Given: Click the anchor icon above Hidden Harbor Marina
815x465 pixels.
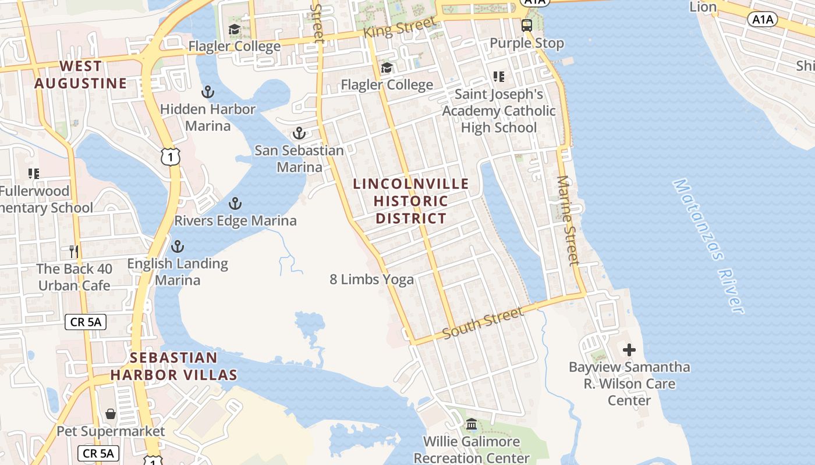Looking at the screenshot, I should [207, 92].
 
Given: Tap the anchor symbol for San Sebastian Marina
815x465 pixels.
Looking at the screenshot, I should [299, 134].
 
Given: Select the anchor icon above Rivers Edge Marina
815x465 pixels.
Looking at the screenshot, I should [235, 203].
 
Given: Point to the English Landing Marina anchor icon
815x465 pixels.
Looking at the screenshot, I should [177, 246].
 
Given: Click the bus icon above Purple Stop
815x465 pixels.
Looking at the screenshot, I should [526, 26].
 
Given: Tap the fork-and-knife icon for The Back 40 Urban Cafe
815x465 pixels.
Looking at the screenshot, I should [74, 251].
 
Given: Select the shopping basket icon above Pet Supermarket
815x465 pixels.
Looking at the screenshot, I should [111, 414].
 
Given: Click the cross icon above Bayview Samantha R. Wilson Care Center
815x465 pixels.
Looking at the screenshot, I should [629, 350].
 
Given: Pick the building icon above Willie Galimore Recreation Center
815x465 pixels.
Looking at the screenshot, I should [472, 424].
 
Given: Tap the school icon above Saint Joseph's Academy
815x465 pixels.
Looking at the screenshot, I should [498, 76].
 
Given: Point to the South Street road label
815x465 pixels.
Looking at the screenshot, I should [483, 323].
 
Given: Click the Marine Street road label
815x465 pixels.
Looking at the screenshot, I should [568, 220].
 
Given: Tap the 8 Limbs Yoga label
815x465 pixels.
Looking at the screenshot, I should [372, 280].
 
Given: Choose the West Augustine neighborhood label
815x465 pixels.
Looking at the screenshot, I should [80, 75].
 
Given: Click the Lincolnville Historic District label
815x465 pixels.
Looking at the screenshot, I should [411, 201].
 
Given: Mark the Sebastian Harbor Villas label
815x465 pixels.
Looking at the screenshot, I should [173, 366].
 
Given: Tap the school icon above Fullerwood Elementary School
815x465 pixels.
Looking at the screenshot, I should [34, 173].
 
